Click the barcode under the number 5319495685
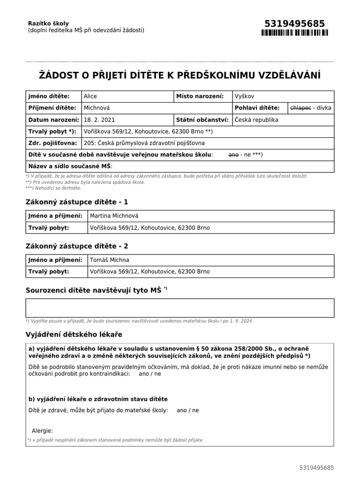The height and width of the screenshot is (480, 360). pyautogui.click(x=294, y=33)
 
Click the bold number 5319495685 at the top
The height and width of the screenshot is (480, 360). pyautogui.click(x=294, y=24)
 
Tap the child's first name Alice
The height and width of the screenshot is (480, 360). pyautogui.click(x=90, y=96)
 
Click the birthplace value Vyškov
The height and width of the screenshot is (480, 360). pyautogui.click(x=244, y=96)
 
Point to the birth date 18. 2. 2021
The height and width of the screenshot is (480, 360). pyautogui.click(x=99, y=120)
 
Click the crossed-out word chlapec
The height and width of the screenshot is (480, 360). pyautogui.click(x=301, y=108)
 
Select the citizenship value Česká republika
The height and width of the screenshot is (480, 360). pyautogui.click(x=256, y=120)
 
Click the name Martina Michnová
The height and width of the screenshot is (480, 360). pyautogui.click(x=114, y=216)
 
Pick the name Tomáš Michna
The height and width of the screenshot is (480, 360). pyautogui.click(x=109, y=260)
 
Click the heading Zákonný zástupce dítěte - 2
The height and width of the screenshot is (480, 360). pyautogui.click(x=76, y=246)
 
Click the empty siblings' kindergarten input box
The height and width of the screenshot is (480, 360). pyautogui.click(x=180, y=308)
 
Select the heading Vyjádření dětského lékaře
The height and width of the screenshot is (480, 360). pyautogui.click(x=74, y=334)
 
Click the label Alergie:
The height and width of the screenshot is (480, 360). pyautogui.click(x=42, y=431)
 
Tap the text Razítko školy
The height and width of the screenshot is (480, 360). pyautogui.click(x=48, y=23)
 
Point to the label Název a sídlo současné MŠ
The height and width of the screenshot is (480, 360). pyautogui.click(x=70, y=166)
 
